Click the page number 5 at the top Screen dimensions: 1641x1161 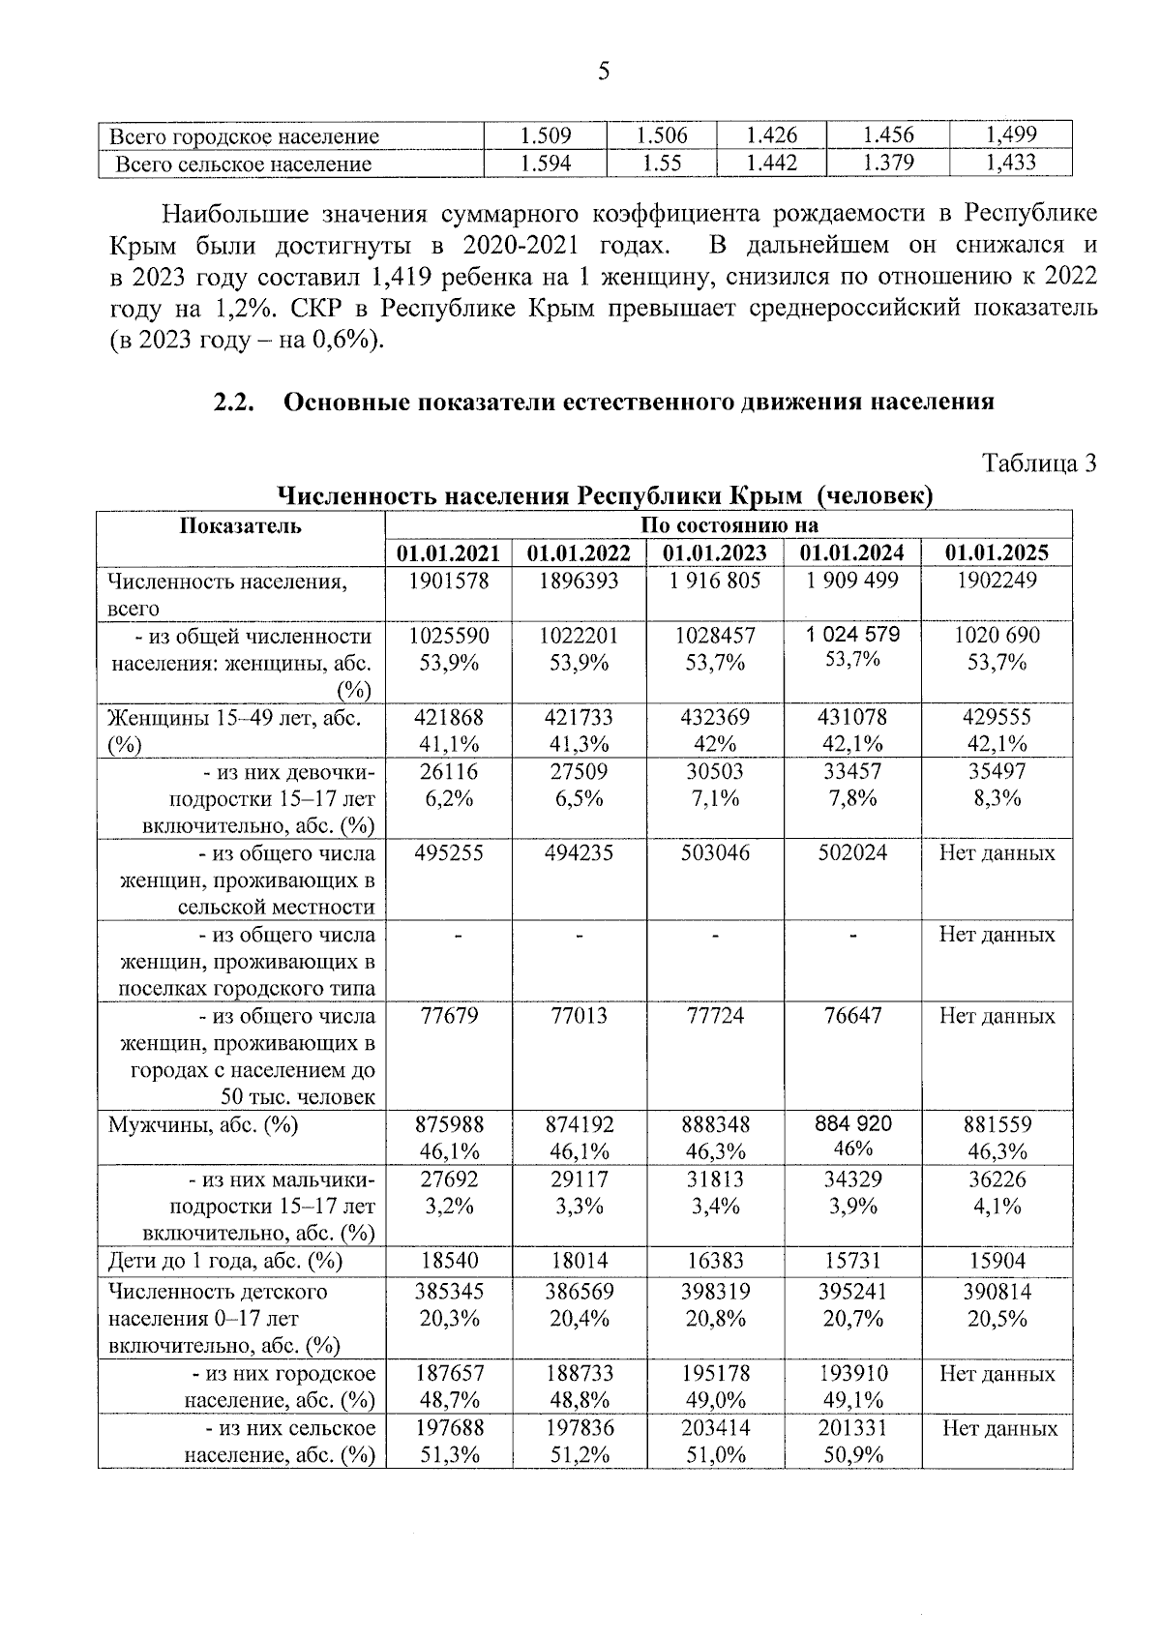click(x=605, y=72)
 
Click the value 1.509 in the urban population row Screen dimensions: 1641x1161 click(x=546, y=135)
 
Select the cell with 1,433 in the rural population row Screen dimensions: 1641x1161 click(x=1010, y=163)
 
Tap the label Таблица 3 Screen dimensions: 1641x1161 click(x=1040, y=463)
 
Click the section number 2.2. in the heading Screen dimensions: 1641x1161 click(x=234, y=402)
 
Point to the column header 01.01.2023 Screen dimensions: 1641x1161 click(x=715, y=553)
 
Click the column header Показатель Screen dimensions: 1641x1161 click(x=241, y=525)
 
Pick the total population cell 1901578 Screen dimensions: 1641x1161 click(x=449, y=581)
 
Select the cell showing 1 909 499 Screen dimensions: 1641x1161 click(x=851, y=581)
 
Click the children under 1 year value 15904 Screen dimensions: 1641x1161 click(x=997, y=1262)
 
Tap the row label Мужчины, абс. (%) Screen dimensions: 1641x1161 click(x=203, y=1125)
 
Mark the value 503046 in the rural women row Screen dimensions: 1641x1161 click(x=715, y=853)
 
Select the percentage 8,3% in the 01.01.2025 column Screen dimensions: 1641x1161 click(x=997, y=799)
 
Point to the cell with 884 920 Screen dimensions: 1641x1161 click(x=851, y=1124)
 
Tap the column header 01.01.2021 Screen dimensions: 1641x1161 click(x=449, y=553)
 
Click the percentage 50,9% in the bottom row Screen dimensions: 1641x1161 click(x=851, y=1455)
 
